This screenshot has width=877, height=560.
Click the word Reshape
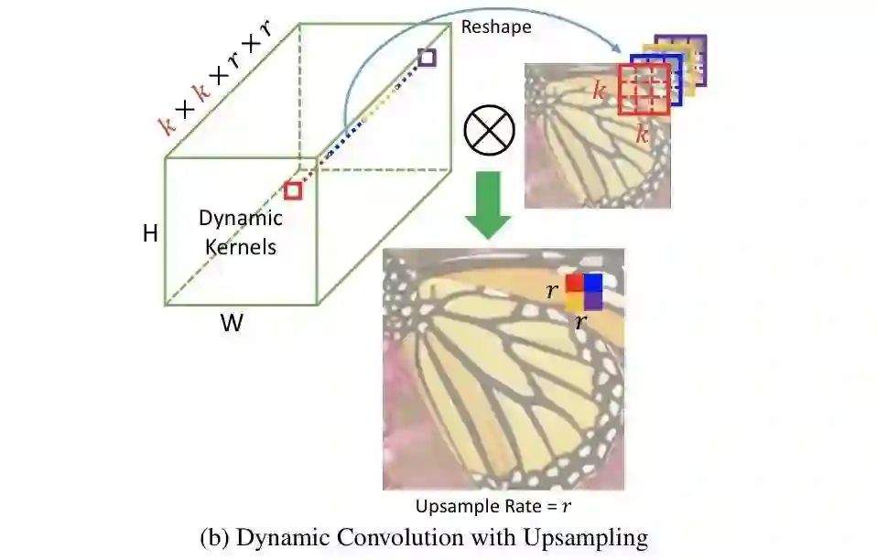(x=496, y=27)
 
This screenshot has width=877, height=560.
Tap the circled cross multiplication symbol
(x=490, y=129)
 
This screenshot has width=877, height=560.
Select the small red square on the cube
(x=293, y=190)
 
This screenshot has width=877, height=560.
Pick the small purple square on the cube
(x=426, y=58)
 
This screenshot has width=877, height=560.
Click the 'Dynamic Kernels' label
(x=241, y=232)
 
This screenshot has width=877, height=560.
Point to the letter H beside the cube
(x=150, y=234)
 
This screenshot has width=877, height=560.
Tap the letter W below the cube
(x=232, y=323)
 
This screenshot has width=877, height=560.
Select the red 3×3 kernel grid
(x=644, y=90)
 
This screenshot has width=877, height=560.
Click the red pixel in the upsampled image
(x=574, y=283)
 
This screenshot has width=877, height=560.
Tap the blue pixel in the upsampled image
(x=592, y=283)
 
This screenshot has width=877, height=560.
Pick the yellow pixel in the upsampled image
(x=574, y=301)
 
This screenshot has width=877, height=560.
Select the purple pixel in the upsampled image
(x=592, y=301)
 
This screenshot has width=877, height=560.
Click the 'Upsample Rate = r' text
(x=499, y=505)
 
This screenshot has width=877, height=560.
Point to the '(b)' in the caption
(x=213, y=538)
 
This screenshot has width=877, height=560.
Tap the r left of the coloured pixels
(x=552, y=292)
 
